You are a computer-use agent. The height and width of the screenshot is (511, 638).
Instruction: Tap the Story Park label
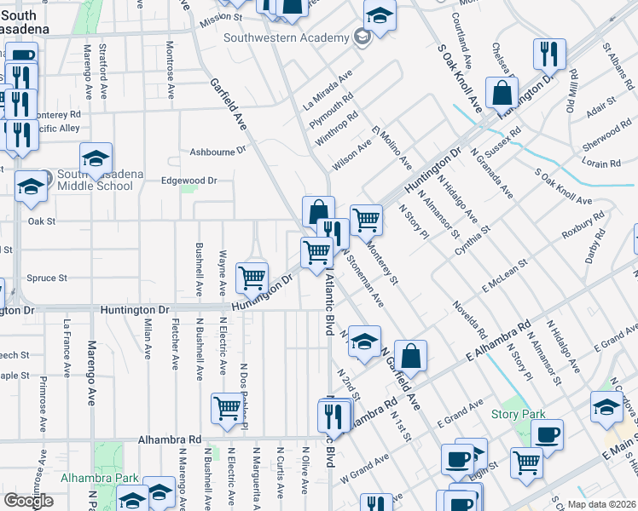click(517, 415)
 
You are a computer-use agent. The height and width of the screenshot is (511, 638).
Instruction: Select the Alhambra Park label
click(94, 478)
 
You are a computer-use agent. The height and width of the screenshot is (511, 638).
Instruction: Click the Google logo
click(28, 501)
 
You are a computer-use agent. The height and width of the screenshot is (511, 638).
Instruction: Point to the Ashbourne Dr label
click(217, 150)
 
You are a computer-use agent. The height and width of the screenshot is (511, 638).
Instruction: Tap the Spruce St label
click(47, 278)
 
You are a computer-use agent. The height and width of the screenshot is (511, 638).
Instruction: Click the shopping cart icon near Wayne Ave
click(252, 276)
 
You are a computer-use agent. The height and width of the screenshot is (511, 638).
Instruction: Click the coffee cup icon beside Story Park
click(547, 434)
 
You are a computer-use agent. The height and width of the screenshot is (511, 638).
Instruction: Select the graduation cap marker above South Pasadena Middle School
click(96, 158)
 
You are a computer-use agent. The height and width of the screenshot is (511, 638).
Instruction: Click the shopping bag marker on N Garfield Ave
click(410, 356)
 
